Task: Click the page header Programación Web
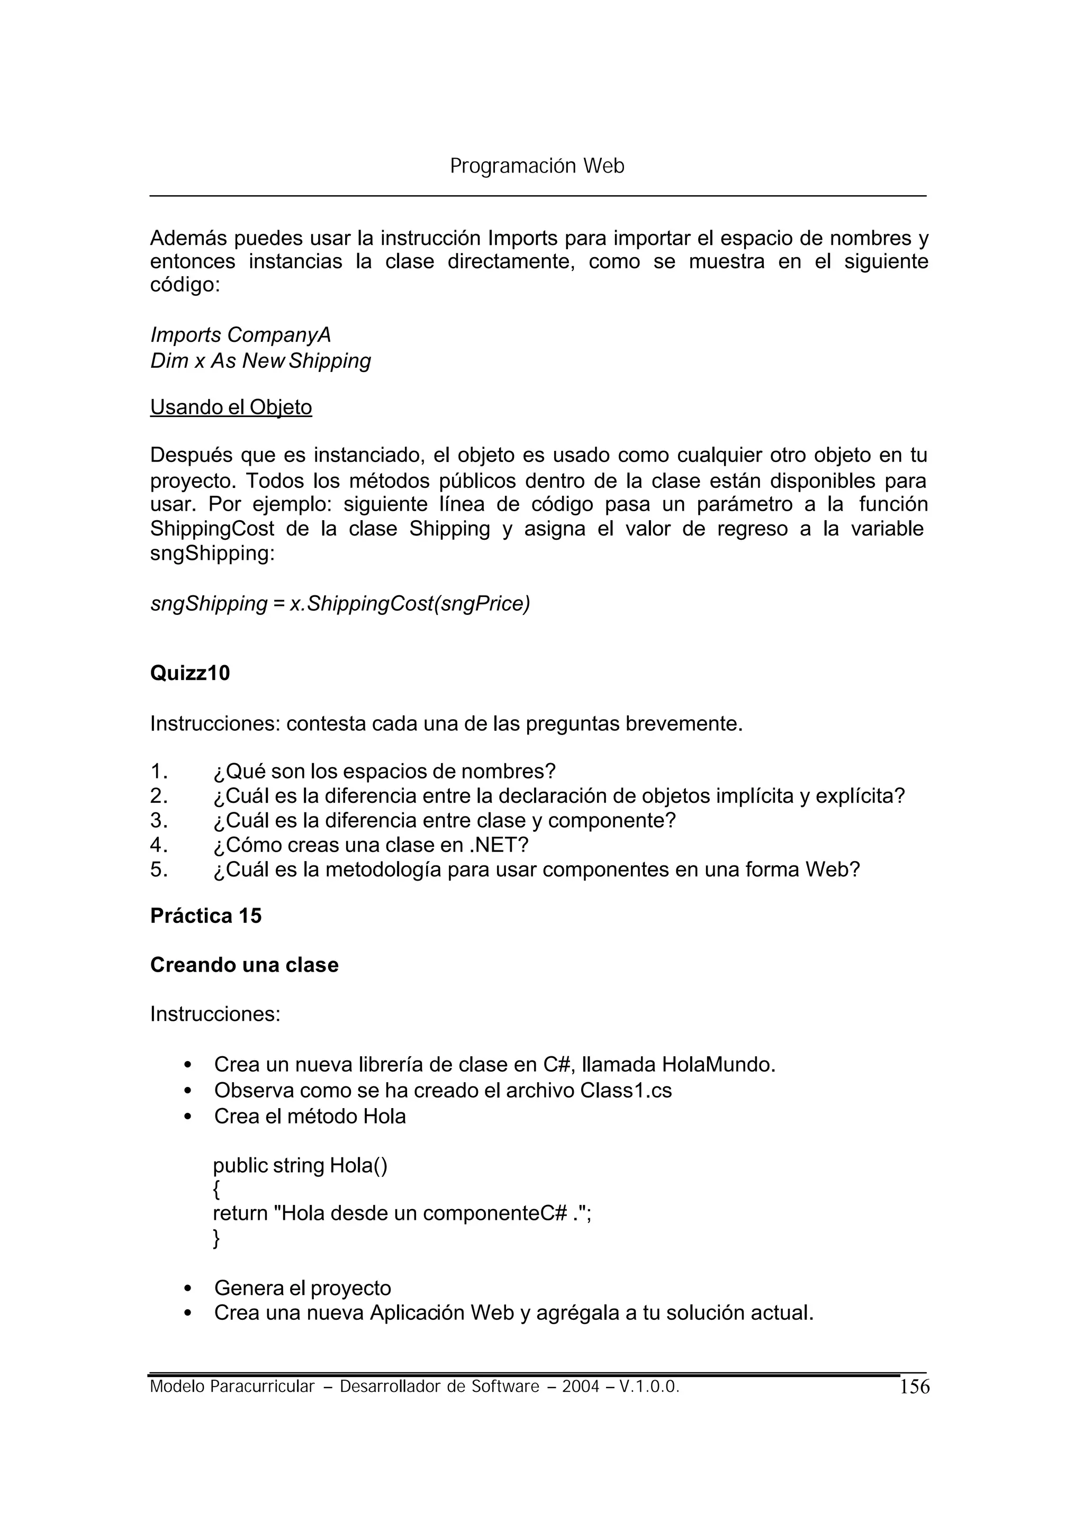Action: pyautogui.click(x=537, y=166)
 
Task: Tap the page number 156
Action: pyautogui.click(x=914, y=1388)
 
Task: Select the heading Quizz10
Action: pyautogui.click(x=189, y=673)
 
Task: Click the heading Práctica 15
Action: pyautogui.click(x=205, y=916)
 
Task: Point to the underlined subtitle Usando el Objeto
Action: pyautogui.click(x=231, y=407)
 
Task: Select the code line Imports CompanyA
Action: pyautogui.click(x=240, y=334)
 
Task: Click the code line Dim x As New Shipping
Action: pyautogui.click(x=260, y=361)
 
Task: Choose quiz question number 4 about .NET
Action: pyautogui.click(x=371, y=845)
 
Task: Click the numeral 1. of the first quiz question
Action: pyautogui.click(x=159, y=772)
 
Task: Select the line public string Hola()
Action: pyautogui.click(x=300, y=1166)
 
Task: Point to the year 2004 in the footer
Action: pyautogui.click(x=580, y=1387)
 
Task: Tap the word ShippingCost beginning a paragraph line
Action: pyautogui.click(x=212, y=529)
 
